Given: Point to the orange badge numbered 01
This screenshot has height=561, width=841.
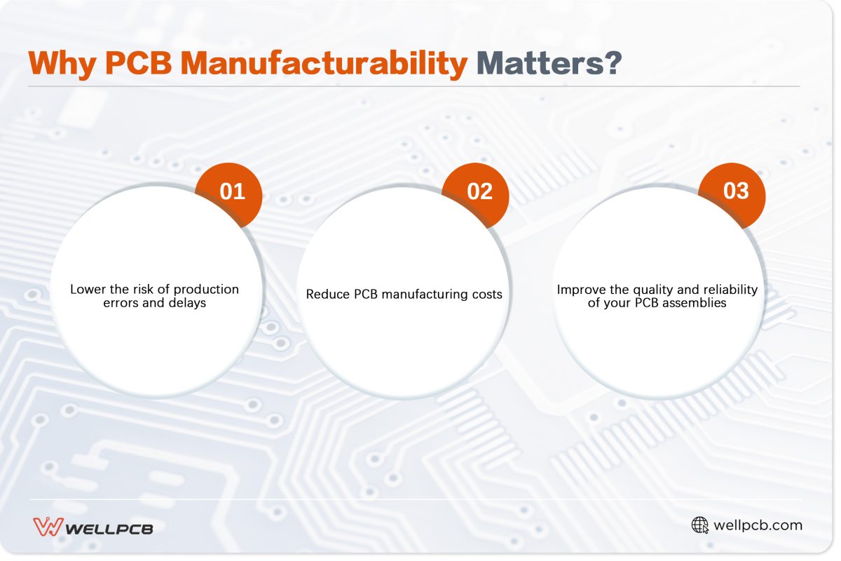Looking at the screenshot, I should coord(232,191).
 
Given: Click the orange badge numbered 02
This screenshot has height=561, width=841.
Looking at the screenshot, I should coord(479,191).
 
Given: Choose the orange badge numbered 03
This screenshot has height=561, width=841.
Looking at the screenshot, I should coord(736,190).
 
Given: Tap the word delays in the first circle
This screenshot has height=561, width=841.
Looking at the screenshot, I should coord(186,303).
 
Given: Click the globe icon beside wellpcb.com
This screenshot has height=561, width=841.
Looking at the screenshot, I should coord(699,525).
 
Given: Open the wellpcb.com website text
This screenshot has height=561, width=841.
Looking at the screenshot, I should coord(758,525).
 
